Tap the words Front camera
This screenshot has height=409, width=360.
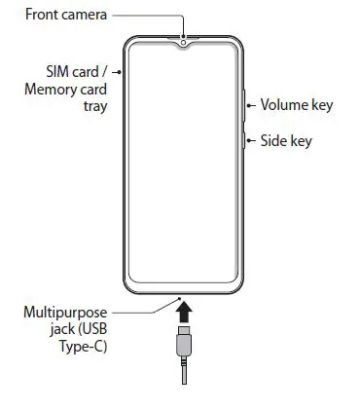click(x=61, y=16)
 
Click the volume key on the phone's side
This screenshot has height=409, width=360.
click(x=242, y=106)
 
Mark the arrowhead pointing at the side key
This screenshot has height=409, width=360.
click(x=250, y=141)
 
